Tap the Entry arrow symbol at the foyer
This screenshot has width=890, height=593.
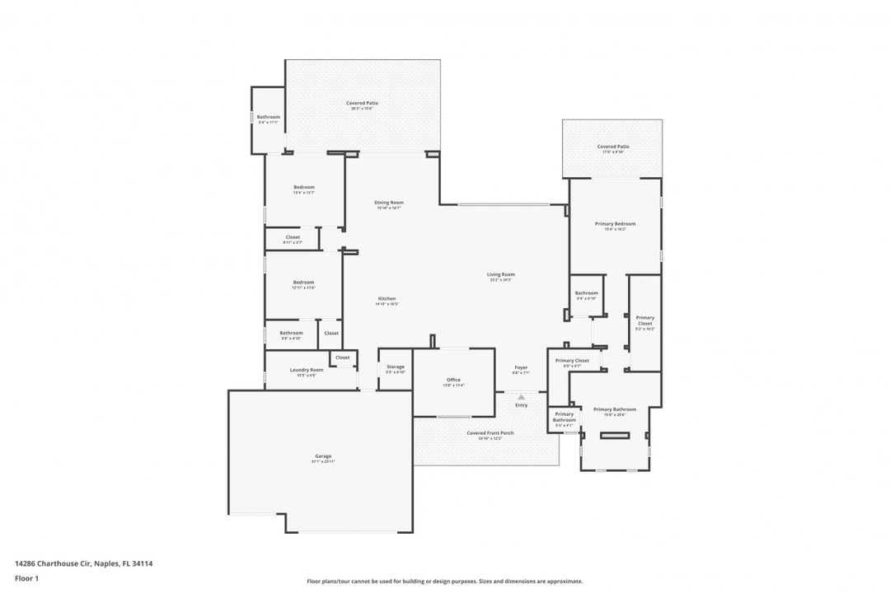(x=521, y=397)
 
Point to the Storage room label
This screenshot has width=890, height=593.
(x=396, y=368)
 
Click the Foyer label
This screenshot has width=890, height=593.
(x=521, y=369)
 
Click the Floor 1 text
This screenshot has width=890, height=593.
(x=27, y=578)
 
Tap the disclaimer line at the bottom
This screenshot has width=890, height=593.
(x=445, y=581)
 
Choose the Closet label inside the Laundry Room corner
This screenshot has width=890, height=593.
(x=343, y=357)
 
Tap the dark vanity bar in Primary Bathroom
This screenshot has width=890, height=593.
(x=614, y=437)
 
